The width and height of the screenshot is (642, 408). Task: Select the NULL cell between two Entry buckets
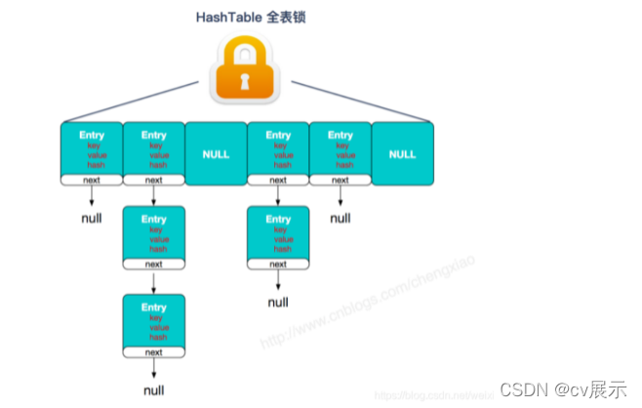[x=216, y=153]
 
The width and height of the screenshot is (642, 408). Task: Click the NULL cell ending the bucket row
[x=402, y=153]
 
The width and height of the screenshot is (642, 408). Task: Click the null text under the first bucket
[x=91, y=218]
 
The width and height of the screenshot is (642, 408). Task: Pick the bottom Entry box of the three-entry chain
[x=154, y=323]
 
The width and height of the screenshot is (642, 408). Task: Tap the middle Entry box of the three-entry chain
[x=154, y=235]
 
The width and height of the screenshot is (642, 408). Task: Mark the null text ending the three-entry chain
[x=154, y=390]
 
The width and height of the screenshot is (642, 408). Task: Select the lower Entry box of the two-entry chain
[x=278, y=235]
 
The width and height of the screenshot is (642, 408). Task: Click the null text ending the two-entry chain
[x=278, y=303]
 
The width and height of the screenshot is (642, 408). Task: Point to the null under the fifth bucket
[x=340, y=218]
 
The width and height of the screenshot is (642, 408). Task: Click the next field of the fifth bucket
[x=340, y=180]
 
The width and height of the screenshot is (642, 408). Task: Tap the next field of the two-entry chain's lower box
[x=278, y=265]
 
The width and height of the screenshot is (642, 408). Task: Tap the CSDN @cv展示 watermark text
[x=563, y=389]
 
